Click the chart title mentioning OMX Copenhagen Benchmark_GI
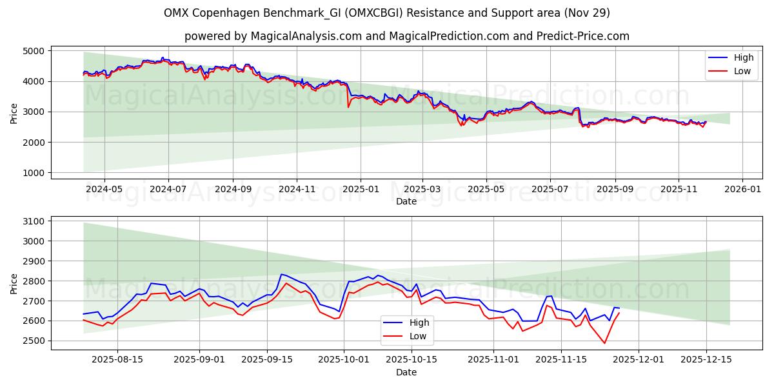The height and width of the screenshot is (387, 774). (387, 13)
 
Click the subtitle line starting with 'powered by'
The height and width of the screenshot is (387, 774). (406, 36)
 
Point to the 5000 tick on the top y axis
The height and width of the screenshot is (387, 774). (34, 51)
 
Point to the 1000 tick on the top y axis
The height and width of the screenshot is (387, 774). (34, 173)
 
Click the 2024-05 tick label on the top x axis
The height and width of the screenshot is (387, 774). (104, 190)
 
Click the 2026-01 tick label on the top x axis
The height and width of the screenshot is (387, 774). (742, 190)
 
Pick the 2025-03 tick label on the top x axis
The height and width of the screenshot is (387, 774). (422, 190)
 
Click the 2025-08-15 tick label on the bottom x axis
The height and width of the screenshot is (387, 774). (117, 360)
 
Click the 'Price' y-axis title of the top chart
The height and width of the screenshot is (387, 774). (14, 112)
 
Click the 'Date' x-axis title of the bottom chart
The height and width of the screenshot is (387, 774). (406, 372)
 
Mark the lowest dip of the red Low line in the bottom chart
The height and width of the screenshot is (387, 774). (604, 343)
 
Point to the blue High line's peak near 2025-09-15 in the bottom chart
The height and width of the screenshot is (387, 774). (281, 274)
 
